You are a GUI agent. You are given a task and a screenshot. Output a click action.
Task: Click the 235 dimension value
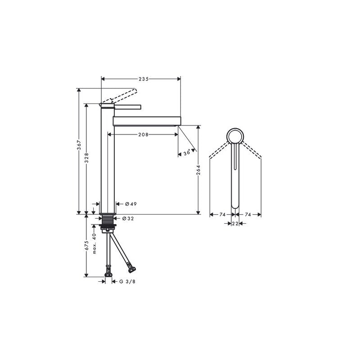(x=144, y=79)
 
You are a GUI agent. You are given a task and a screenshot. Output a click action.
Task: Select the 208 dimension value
(x=143, y=135)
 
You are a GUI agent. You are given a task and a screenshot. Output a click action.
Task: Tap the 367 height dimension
(x=79, y=145)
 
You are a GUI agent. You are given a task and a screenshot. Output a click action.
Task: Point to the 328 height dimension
(x=86, y=158)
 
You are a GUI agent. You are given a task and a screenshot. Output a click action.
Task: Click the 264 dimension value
(x=198, y=170)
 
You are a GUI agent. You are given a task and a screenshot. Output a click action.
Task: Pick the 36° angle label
(x=187, y=153)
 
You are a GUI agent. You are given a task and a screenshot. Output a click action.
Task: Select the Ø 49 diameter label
(x=131, y=204)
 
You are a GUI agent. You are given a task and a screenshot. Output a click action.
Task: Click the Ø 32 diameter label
(x=128, y=219)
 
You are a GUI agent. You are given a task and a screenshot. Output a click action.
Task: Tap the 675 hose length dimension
(x=86, y=245)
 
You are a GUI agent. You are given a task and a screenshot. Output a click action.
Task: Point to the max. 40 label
(x=94, y=244)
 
